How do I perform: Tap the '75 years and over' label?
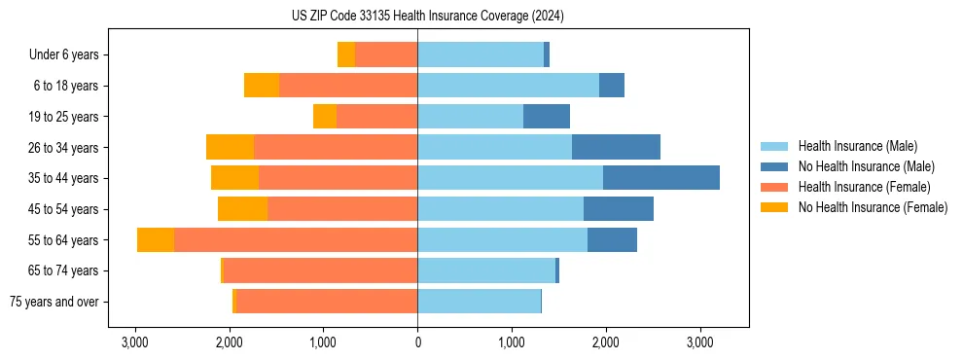point(53,302)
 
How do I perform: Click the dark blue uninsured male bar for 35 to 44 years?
point(661,178)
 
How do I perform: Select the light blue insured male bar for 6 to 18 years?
point(508,86)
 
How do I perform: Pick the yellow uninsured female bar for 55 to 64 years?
point(156,240)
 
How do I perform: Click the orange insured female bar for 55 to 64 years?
point(296,240)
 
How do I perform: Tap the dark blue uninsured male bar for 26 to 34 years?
point(616,147)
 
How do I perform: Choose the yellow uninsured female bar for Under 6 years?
point(346,54)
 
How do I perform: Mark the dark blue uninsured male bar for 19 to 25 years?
point(547,117)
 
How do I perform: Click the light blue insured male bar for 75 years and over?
point(479,302)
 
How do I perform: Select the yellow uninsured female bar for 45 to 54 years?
point(242,209)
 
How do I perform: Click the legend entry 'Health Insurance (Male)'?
point(857,146)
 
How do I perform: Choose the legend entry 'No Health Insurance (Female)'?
point(873,207)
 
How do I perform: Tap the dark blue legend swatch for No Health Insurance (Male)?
point(774,166)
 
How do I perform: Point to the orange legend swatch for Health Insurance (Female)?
point(774,187)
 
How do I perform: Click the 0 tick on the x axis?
point(417,342)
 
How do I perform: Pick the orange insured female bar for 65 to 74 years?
point(320,270)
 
